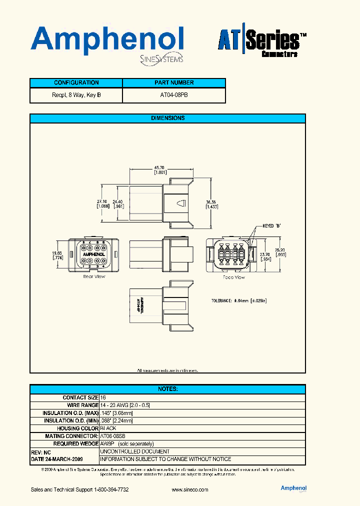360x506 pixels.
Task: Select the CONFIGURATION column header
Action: point(76,83)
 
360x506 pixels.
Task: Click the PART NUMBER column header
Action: point(174,83)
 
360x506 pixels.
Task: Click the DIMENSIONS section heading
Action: point(167,118)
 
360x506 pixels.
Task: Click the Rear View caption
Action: point(94,276)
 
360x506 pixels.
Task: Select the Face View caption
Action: point(233,277)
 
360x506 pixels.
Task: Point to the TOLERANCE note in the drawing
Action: point(239,301)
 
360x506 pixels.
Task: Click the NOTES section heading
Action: point(167,389)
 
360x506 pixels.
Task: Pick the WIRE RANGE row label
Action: point(82,405)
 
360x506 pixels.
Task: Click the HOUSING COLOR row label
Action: point(78,428)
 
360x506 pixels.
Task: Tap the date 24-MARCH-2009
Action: point(57,459)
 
